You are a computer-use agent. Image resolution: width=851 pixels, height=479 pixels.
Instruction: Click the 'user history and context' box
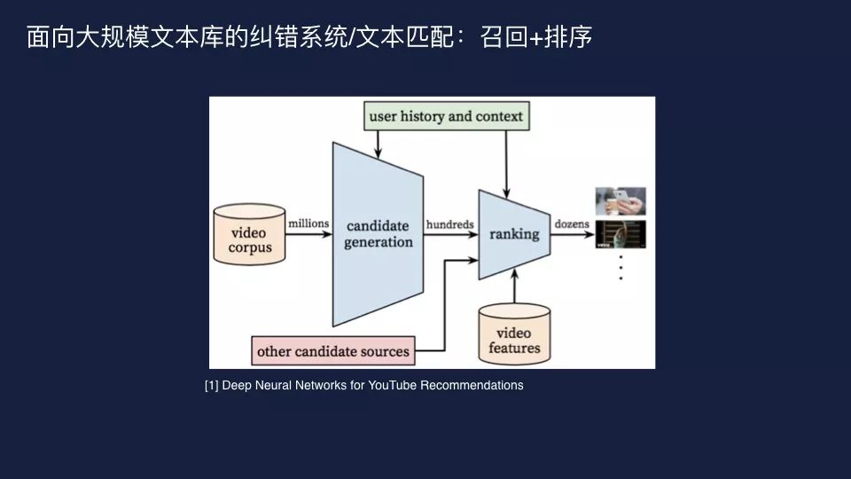pyautogui.click(x=447, y=116)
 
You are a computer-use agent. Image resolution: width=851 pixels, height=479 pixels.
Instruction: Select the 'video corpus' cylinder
pyautogui.click(x=250, y=234)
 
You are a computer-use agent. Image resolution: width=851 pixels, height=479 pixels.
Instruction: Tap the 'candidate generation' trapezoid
pyautogui.click(x=379, y=234)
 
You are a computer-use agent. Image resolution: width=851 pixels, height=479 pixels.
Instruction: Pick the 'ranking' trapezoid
pyautogui.click(x=514, y=234)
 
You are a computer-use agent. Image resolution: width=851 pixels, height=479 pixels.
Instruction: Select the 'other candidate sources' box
pyautogui.click(x=333, y=351)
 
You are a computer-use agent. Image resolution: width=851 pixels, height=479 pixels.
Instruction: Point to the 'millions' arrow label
pyautogui.click(x=308, y=224)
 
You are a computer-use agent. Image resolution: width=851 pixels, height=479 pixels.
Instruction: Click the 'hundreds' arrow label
pyautogui.click(x=449, y=224)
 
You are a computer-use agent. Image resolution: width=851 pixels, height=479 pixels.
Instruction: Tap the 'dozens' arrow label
pyautogui.click(x=572, y=224)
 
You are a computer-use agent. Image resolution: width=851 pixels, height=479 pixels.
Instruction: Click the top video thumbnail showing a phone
pyautogui.click(x=621, y=201)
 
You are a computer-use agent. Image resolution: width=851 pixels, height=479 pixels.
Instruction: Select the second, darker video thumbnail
pyautogui.click(x=621, y=234)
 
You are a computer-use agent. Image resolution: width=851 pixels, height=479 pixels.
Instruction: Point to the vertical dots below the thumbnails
pyautogui.click(x=621, y=267)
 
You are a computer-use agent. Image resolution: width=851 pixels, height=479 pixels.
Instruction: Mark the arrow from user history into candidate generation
pyautogui.click(x=379, y=142)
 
